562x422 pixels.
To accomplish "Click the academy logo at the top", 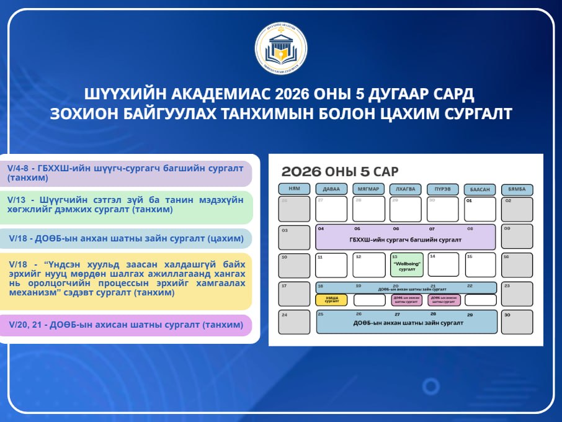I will click(281, 48).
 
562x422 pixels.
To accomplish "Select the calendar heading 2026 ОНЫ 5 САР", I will click(340, 172).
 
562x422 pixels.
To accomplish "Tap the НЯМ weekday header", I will click(293, 189).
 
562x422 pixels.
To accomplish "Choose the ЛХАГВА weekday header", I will click(406, 189).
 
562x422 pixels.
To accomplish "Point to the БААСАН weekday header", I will click(480, 189).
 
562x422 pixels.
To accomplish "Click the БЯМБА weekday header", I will click(517, 189).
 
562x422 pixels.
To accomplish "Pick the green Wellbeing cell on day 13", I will click(406, 265).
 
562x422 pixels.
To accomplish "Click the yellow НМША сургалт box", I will click(331, 300).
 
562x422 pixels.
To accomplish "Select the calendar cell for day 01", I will click(480, 209).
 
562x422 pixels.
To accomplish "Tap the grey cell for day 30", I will click(517, 322).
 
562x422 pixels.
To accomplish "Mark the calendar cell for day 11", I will click(331, 265).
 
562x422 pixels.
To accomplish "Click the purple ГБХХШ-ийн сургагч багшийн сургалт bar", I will click(406, 237).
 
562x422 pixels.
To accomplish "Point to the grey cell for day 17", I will click(293, 294).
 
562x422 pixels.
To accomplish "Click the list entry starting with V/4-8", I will click(127, 173).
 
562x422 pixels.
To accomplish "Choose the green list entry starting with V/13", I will click(127, 206).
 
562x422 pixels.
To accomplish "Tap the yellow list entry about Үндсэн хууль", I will click(127, 281).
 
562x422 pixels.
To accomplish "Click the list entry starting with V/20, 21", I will click(127, 325).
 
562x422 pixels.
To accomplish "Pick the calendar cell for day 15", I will click(480, 265).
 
